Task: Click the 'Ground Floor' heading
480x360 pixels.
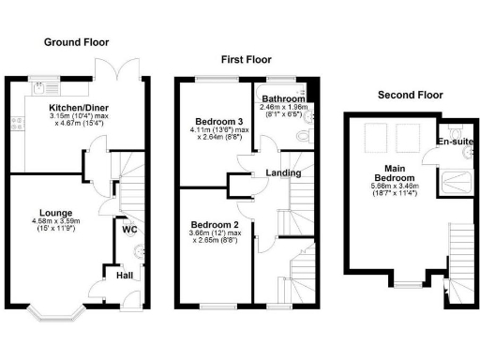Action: (76, 42)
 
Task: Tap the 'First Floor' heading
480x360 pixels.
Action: (246, 59)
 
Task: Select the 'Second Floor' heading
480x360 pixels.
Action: (409, 95)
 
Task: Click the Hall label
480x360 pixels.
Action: (125, 276)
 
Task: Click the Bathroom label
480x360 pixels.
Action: (283, 99)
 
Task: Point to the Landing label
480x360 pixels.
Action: (283, 172)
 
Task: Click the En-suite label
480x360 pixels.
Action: (456, 142)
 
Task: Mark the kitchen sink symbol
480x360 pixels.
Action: (40, 88)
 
